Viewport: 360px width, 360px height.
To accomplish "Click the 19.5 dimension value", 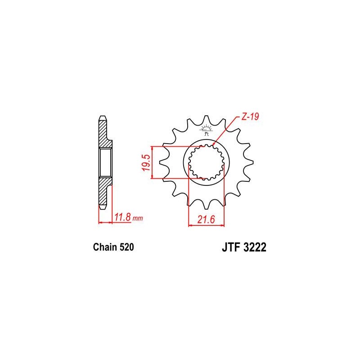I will (145, 162).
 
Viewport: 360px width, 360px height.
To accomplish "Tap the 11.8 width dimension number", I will (122, 218).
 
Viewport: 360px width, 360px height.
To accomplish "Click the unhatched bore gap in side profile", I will (104, 163).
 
